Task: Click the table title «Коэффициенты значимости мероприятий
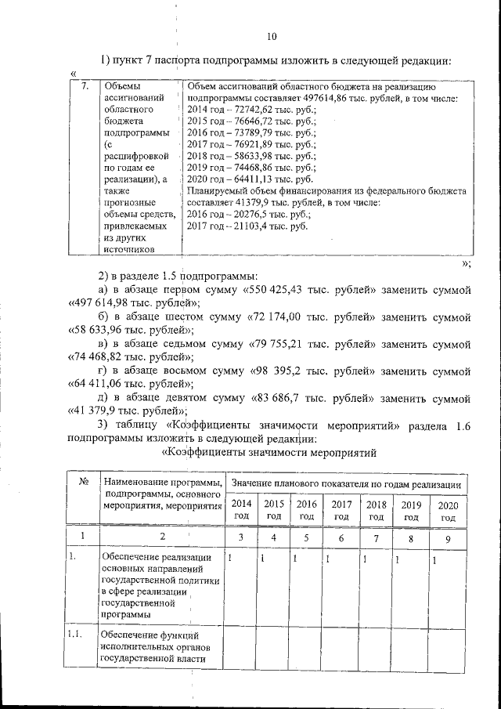click(x=269, y=452)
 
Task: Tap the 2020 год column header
click(x=448, y=511)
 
